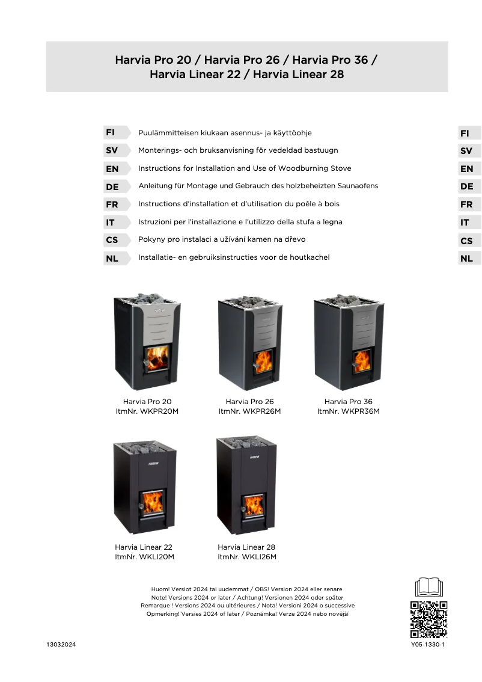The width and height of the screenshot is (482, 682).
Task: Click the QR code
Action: click(429, 619)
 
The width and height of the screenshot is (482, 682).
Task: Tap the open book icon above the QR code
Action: click(429, 587)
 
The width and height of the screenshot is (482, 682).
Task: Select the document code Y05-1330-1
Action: click(428, 644)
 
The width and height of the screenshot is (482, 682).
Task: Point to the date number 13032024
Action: click(61, 644)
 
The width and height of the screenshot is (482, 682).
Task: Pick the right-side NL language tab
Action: click(469, 259)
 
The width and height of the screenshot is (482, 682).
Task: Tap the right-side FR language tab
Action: click(469, 204)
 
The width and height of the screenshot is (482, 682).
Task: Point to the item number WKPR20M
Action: click(159, 411)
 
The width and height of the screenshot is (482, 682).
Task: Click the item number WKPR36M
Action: click(361, 411)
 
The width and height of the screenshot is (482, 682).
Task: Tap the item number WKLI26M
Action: click(259, 557)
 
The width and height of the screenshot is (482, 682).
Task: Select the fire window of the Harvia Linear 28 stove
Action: click(254, 505)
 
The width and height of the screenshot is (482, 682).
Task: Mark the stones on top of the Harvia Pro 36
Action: click(349, 300)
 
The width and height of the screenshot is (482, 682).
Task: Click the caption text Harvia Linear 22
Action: click(144, 547)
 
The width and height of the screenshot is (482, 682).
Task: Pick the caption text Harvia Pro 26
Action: click(249, 402)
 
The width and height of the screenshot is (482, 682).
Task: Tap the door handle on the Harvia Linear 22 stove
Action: click(141, 507)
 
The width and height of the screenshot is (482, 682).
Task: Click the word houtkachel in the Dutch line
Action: click(309, 257)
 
